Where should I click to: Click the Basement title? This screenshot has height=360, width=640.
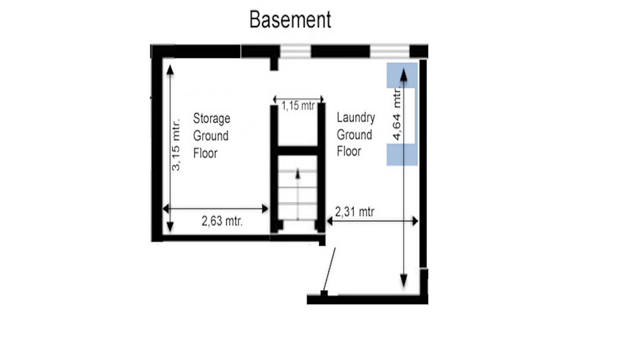(290, 20)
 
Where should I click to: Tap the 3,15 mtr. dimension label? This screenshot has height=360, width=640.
(176, 144)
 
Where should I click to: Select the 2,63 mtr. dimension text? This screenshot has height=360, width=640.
(222, 221)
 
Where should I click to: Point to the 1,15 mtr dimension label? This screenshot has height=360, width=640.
(298, 106)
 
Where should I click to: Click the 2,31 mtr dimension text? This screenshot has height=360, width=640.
(354, 212)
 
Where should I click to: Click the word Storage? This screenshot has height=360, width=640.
(212, 119)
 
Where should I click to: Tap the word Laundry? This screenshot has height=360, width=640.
(356, 118)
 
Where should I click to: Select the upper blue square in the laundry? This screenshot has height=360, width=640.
(402, 76)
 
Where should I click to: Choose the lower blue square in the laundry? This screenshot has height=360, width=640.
(402, 154)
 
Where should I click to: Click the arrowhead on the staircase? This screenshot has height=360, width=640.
(298, 174)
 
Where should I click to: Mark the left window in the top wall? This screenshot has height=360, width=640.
(295, 52)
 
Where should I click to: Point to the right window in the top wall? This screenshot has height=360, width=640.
(390, 52)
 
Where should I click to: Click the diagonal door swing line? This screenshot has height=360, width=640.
(329, 269)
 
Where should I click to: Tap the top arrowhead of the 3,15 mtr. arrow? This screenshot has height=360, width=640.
(170, 70)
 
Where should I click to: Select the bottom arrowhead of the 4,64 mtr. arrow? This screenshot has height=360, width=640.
(404, 281)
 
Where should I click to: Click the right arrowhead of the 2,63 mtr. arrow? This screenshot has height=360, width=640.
(265, 209)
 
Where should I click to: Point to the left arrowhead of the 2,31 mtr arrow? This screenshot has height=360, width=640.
(330, 221)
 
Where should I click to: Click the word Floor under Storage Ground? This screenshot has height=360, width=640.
(206, 153)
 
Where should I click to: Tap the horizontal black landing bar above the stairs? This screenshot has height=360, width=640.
(298, 150)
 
